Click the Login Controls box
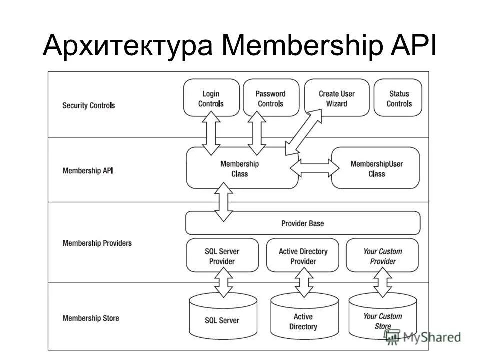click(x=211, y=98)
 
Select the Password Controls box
click(x=270, y=98)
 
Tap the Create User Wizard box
click(x=336, y=98)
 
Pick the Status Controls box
click(x=398, y=98)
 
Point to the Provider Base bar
click(x=302, y=223)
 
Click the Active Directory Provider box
click(x=303, y=256)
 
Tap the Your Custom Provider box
click(x=382, y=256)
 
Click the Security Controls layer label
click(x=88, y=106)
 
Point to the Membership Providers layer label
click(x=97, y=243)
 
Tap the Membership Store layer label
click(x=91, y=318)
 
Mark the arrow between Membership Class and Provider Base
click(x=223, y=202)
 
